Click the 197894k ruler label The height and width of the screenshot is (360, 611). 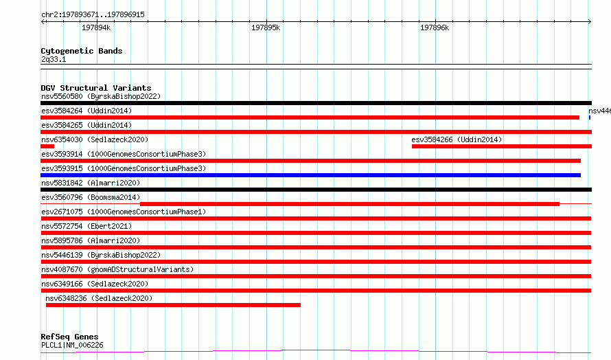(x=96, y=27)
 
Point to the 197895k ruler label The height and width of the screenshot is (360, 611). (x=266, y=27)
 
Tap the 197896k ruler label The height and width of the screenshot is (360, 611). (x=435, y=27)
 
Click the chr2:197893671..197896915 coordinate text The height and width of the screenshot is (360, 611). (x=93, y=14)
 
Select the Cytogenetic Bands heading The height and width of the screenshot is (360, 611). (x=82, y=51)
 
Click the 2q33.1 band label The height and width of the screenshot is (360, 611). (x=54, y=59)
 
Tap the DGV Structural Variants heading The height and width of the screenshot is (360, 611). (x=96, y=88)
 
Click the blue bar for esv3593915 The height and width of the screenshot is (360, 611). (x=310, y=175)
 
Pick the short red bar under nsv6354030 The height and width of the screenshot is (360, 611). (x=47, y=146)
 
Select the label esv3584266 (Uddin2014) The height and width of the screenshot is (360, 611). (x=457, y=139)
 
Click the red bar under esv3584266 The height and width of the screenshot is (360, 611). (x=502, y=146)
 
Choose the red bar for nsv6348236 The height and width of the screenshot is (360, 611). (x=173, y=305)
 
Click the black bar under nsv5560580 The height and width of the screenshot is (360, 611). (x=316, y=103)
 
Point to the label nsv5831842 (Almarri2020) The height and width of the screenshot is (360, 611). (x=91, y=183)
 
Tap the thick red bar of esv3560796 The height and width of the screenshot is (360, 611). (x=349, y=204)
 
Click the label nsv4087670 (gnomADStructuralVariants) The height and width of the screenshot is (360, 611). (x=117, y=269)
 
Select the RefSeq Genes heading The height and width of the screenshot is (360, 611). (x=69, y=337)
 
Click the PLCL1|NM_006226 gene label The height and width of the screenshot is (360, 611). (x=72, y=345)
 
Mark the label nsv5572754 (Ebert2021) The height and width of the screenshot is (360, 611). (x=87, y=226)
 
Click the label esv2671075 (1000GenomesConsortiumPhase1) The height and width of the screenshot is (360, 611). (x=124, y=212)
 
